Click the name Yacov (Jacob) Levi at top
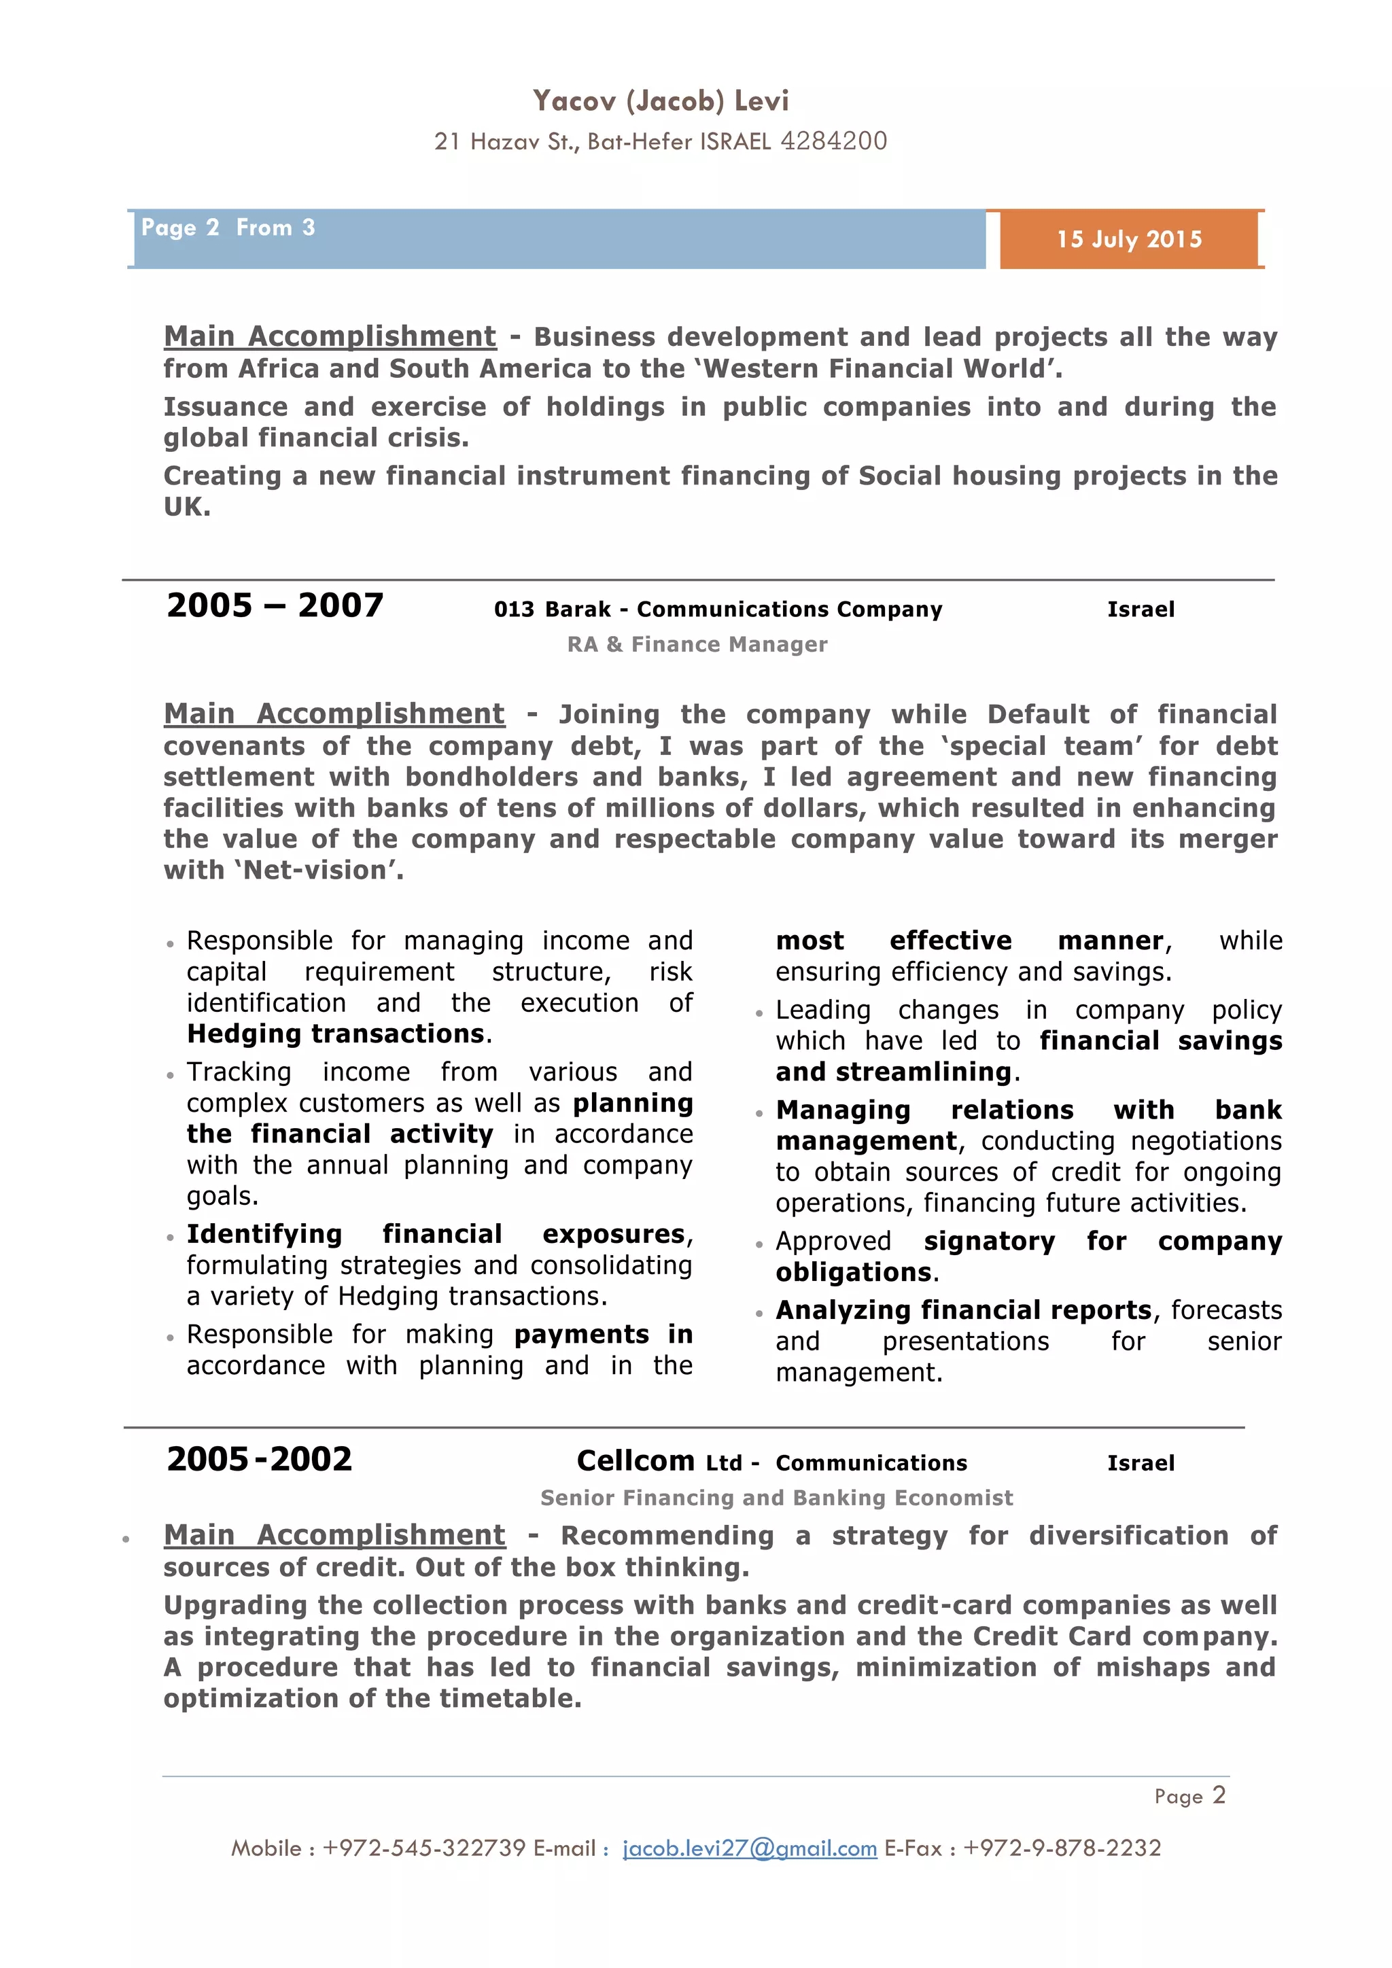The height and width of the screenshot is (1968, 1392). (660, 101)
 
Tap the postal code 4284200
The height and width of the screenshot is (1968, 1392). (833, 141)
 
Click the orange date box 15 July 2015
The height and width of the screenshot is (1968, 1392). (1129, 239)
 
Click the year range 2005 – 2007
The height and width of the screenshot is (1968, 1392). (275, 606)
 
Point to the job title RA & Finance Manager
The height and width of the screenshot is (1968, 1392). (697, 645)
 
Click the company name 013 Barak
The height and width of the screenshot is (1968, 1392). (552, 610)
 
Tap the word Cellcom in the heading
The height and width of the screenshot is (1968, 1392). (635, 1460)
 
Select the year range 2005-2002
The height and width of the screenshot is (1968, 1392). (259, 1460)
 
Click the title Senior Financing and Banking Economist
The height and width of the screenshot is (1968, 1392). (776, 1498)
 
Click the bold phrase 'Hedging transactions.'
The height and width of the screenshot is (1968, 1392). (338, 1034)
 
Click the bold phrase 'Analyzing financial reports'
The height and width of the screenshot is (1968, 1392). (962, 1311)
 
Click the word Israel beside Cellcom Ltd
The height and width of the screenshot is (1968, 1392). (1140, 1463)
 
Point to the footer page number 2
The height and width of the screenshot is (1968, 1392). (1218, 1795)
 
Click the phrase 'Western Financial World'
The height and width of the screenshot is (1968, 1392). (873, 368)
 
